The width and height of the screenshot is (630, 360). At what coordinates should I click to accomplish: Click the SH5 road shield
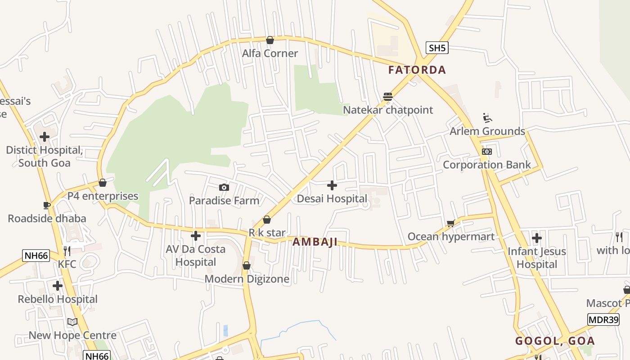point(437,48)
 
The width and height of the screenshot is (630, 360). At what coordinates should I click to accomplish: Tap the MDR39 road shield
point(603,319)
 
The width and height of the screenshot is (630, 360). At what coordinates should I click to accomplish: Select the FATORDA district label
point(417,70)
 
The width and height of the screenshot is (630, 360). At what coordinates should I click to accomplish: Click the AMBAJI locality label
point(315,242)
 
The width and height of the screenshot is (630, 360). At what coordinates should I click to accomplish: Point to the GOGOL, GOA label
point(555,341)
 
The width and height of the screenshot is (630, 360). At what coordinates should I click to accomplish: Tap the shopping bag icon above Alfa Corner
point(270,40)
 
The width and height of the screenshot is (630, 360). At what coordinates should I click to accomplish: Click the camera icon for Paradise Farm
point(224,187)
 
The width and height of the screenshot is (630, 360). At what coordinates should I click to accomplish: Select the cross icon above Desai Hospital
point(332,185)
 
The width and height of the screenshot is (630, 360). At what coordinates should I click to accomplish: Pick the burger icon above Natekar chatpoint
point(388,96)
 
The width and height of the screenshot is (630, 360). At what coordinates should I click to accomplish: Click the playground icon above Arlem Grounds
point(487,118)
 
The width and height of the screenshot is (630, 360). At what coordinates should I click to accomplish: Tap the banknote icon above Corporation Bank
point(487,152)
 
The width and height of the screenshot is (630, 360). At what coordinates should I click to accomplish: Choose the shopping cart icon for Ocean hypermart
point(450,223)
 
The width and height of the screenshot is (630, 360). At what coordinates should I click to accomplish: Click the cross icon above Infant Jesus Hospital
point(536,238)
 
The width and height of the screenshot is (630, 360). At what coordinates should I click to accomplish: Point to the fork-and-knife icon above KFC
point(67,251)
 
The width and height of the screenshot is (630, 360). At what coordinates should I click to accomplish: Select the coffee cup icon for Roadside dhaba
point(47,205)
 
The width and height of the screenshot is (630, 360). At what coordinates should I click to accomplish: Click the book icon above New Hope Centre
point(72,322)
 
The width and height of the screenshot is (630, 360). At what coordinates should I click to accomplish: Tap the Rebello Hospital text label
point(58,299)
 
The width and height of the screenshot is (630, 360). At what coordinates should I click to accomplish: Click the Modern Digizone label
point(247,279)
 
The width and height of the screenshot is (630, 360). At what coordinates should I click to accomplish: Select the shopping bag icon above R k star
point(267,220)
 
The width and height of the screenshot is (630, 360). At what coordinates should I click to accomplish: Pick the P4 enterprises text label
point(103,196)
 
